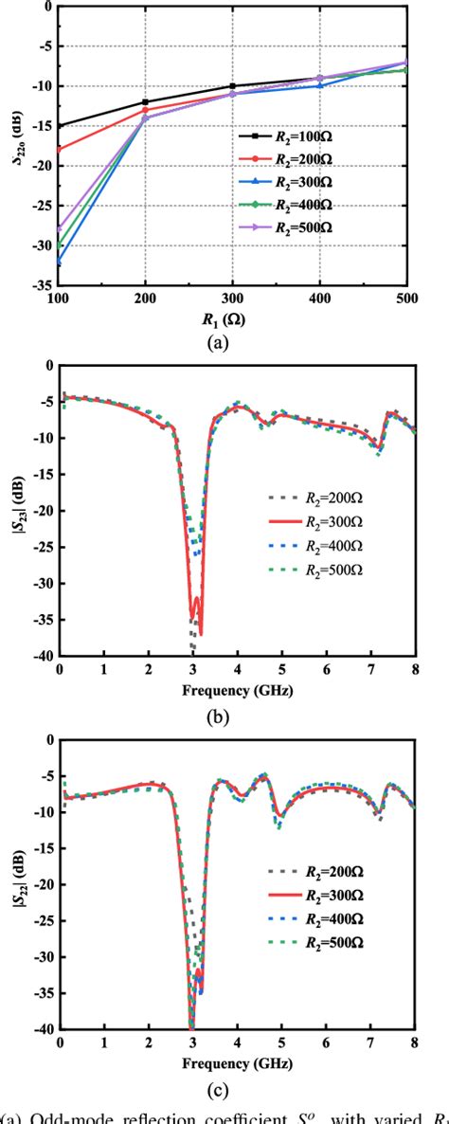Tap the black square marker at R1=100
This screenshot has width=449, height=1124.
59,126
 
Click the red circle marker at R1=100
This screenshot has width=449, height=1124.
59,150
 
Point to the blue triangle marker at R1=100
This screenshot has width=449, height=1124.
59,262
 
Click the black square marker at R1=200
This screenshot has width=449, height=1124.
145,102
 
